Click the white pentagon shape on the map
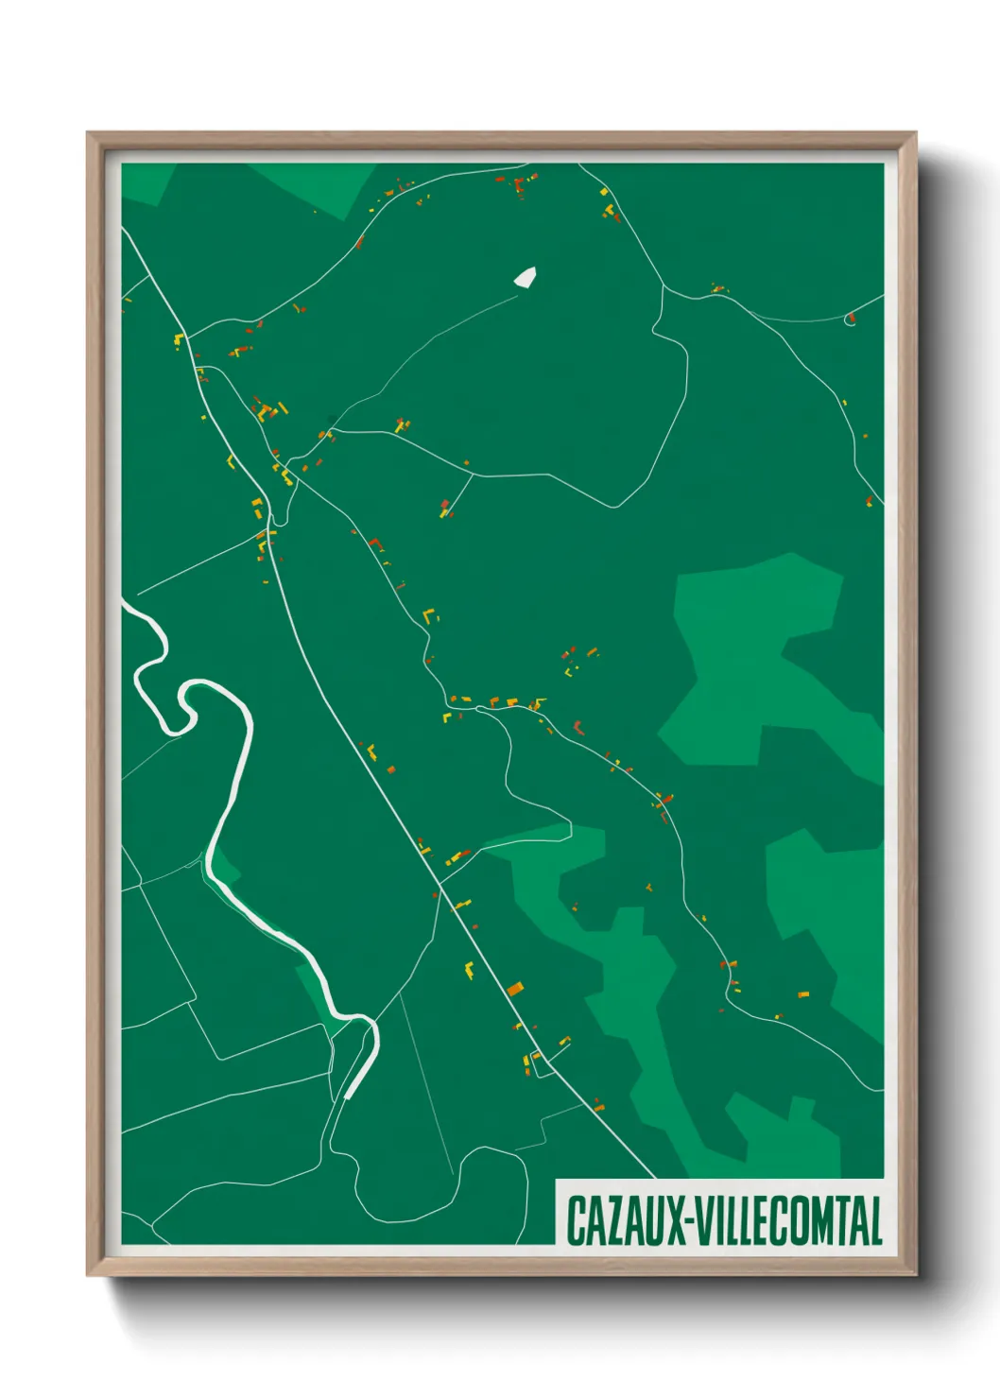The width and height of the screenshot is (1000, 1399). coord(526,276)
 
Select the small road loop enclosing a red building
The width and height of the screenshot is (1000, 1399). coord(850,319)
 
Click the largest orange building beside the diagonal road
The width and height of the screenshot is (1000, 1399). coord(514,990)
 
